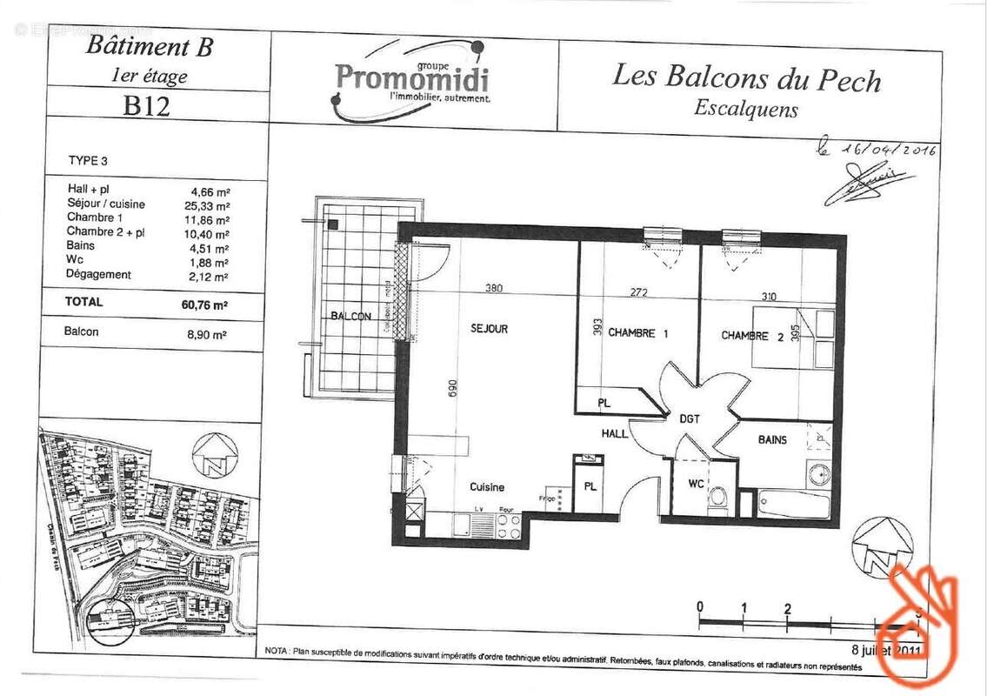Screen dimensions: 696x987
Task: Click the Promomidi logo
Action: [x=411, y=79]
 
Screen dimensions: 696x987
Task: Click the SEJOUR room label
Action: [x=489, y=329]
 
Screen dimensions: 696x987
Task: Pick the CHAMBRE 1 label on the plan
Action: [x=637, y=332]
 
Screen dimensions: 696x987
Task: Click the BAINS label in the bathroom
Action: [x=772, y=440]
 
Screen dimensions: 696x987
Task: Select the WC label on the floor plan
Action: [x=696, y=483]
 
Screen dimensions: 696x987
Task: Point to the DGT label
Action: [x=690, y=419]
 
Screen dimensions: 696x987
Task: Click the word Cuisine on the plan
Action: [x=487, y=487]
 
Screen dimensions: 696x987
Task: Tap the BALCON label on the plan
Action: [x=351, y=316]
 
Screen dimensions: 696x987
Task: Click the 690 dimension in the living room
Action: [x=452, y=389]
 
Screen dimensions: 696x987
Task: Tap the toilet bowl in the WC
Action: [x=718, y=497]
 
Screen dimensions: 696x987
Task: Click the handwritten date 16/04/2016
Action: [x=887, y=149]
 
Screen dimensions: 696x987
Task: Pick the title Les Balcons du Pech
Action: [x=746, y=77]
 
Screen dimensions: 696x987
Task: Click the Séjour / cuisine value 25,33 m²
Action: [x=210, y=205]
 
